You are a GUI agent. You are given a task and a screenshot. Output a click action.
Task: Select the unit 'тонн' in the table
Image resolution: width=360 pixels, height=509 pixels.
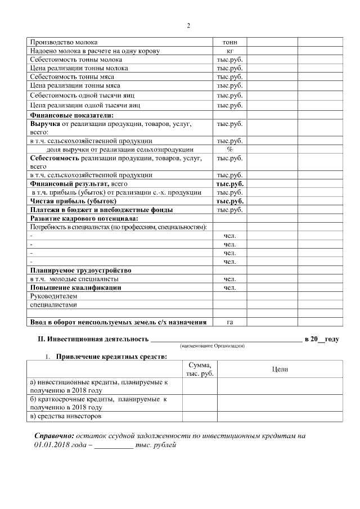pos(229,42)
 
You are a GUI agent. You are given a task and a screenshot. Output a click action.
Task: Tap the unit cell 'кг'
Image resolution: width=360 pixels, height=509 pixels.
pos(229,51)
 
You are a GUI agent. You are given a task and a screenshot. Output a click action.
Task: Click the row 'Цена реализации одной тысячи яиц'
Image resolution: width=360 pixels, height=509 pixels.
pos(84,105)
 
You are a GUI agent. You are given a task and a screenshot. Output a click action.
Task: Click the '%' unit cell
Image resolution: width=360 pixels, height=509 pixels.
pos(229,150)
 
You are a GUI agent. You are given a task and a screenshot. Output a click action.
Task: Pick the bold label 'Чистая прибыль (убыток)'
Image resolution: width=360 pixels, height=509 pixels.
pos(73,201)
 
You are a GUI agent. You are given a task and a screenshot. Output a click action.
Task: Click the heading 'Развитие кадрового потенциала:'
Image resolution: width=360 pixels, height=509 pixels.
pos(84,218)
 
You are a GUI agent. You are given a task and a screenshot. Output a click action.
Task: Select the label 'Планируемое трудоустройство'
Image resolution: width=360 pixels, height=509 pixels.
pos(80,270)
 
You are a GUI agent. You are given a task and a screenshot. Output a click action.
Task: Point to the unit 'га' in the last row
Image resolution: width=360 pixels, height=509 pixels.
pos(229,322)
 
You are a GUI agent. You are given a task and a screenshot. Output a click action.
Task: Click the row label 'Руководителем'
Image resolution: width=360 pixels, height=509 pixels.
pos(53,296)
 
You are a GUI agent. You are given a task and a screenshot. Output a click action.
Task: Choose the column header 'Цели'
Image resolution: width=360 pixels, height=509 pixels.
pos(280,369)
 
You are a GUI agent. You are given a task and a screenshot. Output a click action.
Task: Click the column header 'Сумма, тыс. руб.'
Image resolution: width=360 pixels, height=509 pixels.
pos(200,369)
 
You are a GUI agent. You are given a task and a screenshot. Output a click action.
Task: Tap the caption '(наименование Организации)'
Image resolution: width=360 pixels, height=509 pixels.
pos(212,346)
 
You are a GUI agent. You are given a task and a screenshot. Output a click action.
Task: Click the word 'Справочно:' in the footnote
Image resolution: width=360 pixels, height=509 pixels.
pos(54,436)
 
